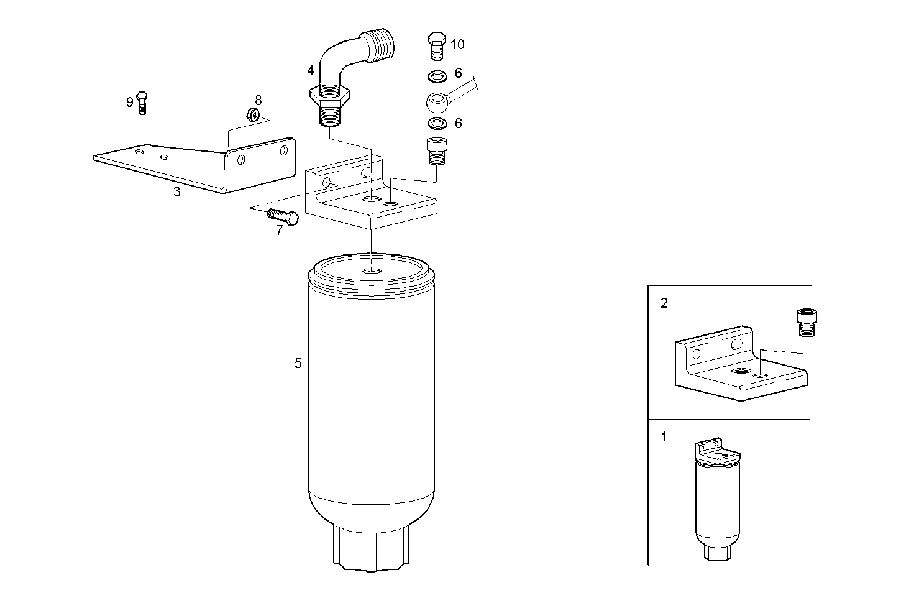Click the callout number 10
pyautogui.click(x=457, y=44)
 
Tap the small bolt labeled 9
pyautogui.click(x=142, y=102)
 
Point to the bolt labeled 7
pyautogui.click(x=283, y=216)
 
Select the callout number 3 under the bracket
pyautogui.click(x=177, y=192)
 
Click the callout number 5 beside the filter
pyautogui.click(x=298, y=363)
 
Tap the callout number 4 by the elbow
pyautogui.click(x=311, y=70)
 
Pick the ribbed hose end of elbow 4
pyautogui.click(x=381, y=44)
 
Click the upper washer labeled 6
pyautogui.click(x=437, y=76)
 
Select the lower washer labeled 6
pyautogui.click(x=437, y=122)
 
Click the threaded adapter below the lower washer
pyautogui.click(x=437, y=150)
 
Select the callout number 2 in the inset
pyautogui.click(x=664, y=303)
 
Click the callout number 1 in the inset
pyautogui.click(x=664, y=437)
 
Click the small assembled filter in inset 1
pyautogui.click(x=716, y=497)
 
